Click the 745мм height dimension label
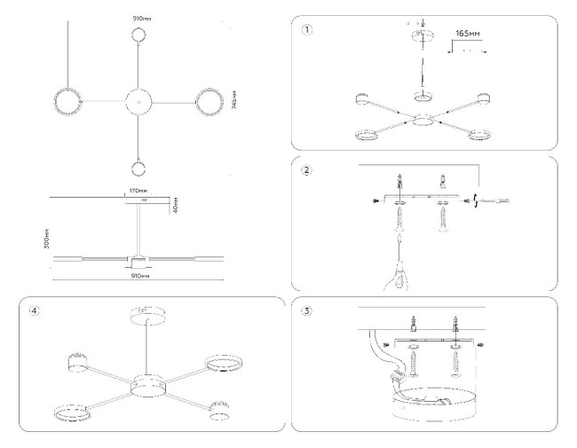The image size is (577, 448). click(x=233, y=102)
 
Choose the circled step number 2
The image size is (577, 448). click(x=307, y=170)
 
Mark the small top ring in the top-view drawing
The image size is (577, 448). click(x=139, y=35)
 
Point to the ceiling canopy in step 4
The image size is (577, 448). click(x=141, y=314)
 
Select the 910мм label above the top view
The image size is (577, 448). click(x=139, y=16)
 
